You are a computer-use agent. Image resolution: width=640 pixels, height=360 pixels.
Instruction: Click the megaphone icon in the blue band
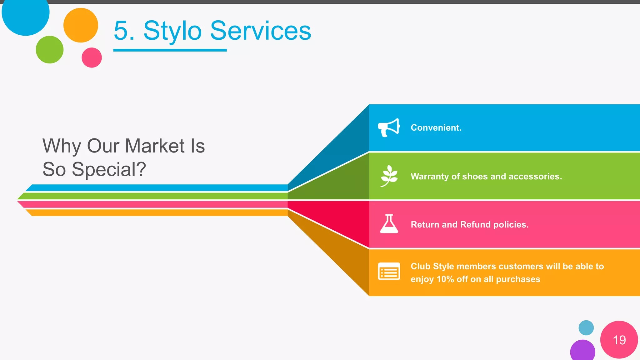(389, 127)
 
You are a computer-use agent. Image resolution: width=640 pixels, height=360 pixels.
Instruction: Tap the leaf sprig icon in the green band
(389, 176)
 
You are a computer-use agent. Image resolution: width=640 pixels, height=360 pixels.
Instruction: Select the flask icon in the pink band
(389, 224)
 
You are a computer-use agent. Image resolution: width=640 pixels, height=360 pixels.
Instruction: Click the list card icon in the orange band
(389, 271)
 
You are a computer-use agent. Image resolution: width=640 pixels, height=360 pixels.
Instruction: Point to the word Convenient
(436, 128)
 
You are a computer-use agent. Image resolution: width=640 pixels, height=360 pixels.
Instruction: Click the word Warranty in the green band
(430, 177)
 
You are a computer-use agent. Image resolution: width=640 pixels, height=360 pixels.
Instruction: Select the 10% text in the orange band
(445, 279)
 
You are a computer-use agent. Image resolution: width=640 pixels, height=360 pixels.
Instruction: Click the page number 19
(619, 340)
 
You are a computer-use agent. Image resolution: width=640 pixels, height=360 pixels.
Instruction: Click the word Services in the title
(260, 31)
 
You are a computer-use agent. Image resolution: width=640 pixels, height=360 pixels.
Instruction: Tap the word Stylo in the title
(172, 31)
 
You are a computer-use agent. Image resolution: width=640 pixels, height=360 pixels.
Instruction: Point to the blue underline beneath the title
(170, 50)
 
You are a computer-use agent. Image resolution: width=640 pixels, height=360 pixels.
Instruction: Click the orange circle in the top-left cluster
(81, 25)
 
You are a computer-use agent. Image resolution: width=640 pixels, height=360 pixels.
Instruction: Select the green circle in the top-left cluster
(50, 50)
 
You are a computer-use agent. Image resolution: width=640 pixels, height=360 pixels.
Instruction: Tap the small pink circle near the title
(92, 57)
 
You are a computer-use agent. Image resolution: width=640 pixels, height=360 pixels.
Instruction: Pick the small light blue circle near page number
(586, 328)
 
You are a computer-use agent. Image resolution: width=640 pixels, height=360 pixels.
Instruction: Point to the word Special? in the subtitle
(109, 170)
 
